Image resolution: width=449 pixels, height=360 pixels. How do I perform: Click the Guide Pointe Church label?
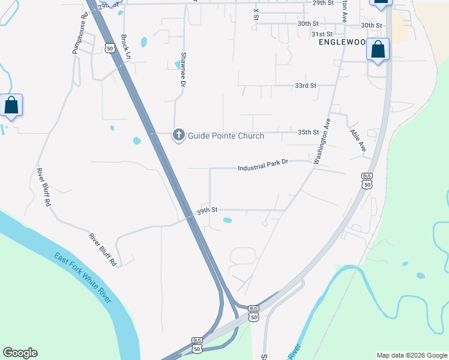pos(226,136)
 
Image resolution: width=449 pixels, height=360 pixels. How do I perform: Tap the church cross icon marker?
pos(178,135)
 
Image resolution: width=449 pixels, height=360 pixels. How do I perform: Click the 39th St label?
pos(206,210)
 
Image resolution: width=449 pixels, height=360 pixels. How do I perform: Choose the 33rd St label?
pos(306,86)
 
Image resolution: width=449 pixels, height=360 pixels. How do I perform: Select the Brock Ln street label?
pos(125,46)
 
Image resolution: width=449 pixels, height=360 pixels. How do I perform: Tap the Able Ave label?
pos(358,139)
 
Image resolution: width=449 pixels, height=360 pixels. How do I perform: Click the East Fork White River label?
pos(82,278)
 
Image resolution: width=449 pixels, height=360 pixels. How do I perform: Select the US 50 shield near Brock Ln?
pos(109,47)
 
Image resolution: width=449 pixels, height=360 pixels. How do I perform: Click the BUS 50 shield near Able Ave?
pos(367,181)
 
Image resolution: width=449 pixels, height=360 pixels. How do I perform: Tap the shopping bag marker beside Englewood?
pos(378,50)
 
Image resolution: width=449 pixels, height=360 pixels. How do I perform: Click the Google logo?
pos(20,353)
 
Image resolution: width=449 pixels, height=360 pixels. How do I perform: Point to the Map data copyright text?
pos(411,355)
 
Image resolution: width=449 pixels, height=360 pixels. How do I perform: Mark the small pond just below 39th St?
pos(228,220)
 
